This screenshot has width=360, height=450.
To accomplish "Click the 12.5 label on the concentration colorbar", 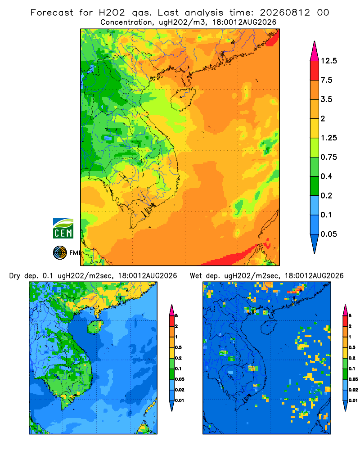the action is click(x=328, y=61).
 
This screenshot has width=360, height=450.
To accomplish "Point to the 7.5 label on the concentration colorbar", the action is click(x=326, y=80).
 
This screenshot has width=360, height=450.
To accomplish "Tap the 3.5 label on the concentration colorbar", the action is click(x=326, y=99).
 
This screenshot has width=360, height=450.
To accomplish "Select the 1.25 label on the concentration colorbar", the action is click(x=328, y=138).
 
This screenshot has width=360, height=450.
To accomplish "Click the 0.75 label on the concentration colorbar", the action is click(x=328, y=157).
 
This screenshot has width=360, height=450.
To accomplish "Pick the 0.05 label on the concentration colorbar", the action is click(x=328, y=234).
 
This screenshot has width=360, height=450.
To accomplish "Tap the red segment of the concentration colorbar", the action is click(x=315, y=71).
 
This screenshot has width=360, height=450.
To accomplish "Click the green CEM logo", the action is click(x=63, y=229).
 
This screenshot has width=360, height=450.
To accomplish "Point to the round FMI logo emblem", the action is click(x=60, y=253).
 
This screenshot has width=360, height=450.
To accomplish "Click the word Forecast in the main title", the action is click(x=52, y=13).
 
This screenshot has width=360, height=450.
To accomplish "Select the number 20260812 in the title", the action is click(x=285, y=13).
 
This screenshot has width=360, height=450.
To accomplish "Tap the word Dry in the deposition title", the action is click(x=15, y=276).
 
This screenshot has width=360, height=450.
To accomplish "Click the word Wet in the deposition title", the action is click(x=196, y=276).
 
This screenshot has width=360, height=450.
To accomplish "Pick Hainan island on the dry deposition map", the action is click(x=95, y=327).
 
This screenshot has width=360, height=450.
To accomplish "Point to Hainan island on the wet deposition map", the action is click(x=269, y=327).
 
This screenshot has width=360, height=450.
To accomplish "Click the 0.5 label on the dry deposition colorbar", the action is click(x=178, y=347).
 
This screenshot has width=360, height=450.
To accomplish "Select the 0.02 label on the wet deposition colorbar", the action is click(x=353, y=390).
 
